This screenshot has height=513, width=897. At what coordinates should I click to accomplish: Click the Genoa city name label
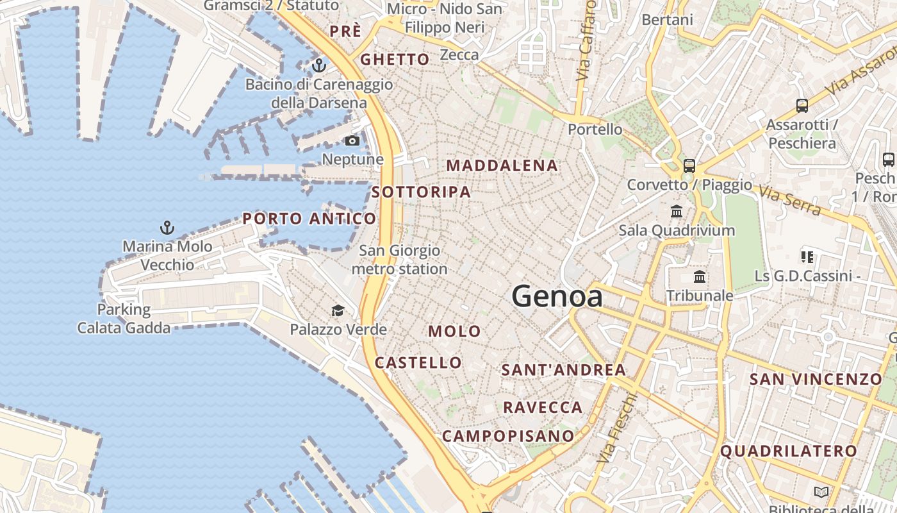(x=557, y=296)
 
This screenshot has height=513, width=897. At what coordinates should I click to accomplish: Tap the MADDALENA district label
(x=502, y=165)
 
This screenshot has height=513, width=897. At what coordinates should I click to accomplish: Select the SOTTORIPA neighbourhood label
(x=421, y=192)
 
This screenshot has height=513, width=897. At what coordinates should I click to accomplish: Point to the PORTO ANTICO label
(x=309, y=219)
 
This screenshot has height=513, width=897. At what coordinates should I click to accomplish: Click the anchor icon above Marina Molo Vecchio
(x=167, y=228)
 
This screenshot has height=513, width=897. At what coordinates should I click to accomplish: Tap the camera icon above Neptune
(x=352, y=141)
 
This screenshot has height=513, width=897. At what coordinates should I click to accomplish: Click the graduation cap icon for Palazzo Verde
(x=338, y=312)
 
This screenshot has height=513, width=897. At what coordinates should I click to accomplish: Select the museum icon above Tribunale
(x=700, y=278)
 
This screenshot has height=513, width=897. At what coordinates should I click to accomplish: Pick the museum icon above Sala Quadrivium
(x=677, y=211)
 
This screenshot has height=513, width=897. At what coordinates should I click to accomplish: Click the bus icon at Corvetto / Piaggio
(x=689, y=166)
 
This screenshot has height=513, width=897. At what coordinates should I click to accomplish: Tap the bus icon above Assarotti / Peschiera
(x=802, y=106)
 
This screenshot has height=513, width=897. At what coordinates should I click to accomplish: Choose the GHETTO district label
(x=395, y=60)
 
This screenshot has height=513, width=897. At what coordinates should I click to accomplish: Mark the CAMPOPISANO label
(x=509, y=436)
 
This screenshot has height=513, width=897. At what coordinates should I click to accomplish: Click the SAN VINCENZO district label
(x=816, y=379)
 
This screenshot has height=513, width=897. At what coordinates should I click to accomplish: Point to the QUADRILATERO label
(x=789, y=451)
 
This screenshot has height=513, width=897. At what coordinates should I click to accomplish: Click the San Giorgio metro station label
(x=400, y=260)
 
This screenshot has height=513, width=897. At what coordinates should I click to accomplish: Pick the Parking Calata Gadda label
(x=124, y=319)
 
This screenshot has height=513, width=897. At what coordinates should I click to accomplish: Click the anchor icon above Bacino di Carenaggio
(x=318, y=65)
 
